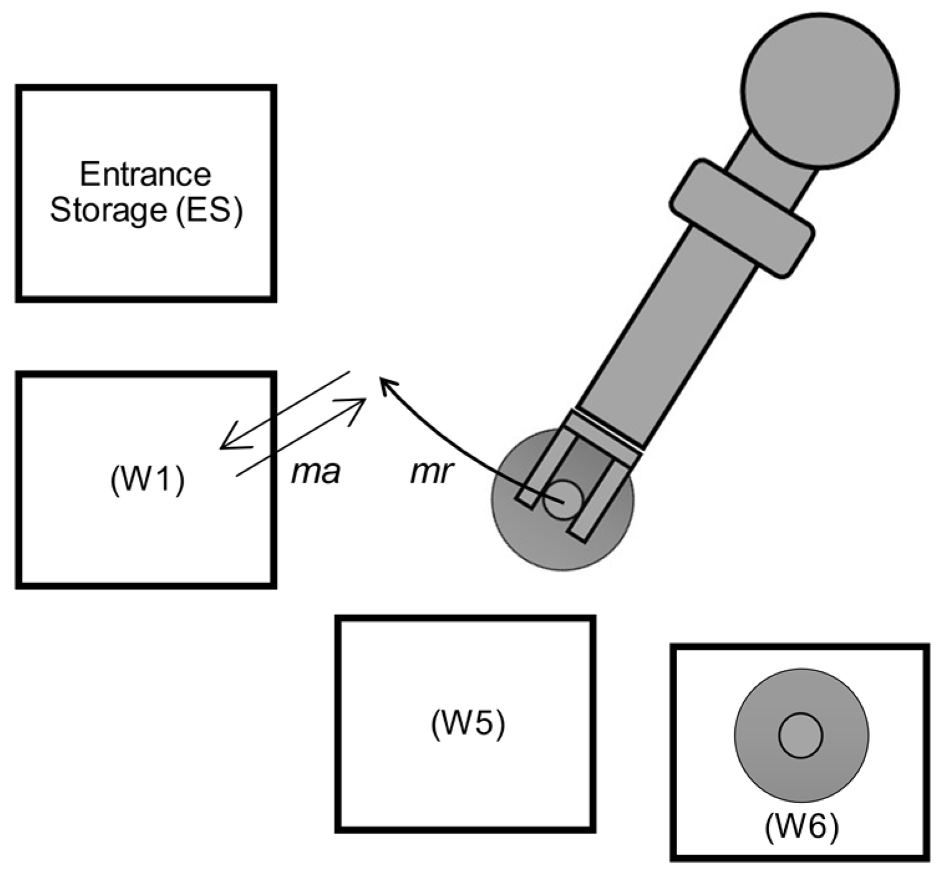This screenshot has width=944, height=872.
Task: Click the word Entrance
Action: tap(145, 175)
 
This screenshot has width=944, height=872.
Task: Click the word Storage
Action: tap(107, 210)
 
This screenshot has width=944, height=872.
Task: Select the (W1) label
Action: tap(147, 480)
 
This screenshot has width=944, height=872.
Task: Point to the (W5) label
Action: tap(467, 724)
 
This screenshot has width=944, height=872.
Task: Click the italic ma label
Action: tap(315, 473)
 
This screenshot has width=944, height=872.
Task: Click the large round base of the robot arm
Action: tap(820, 90)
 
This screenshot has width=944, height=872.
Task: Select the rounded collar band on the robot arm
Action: tap(742, 218)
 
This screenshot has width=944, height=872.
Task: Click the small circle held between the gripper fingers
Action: tap(563, 499)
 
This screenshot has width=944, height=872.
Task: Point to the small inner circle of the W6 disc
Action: tap(800, 736)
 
